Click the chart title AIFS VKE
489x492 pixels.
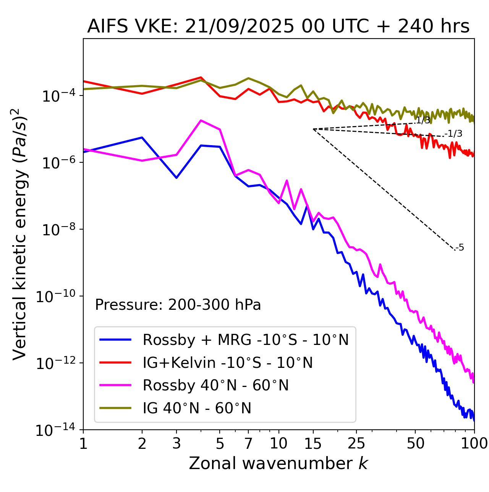(278, 27)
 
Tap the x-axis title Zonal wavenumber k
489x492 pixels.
(278, 463)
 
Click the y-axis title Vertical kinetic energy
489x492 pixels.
(20, 234)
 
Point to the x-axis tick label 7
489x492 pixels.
(248, 443)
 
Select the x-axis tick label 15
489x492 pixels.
(313, 443)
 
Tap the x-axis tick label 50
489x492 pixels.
(415, 443)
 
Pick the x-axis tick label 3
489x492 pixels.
(176, 443)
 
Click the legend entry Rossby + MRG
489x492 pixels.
(245, 340)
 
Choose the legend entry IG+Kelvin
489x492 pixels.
(227, 363)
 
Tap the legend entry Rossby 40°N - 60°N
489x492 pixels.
(215, 385)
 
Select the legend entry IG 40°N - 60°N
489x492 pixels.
(197, 408)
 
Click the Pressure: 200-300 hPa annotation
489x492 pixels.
(178, 305)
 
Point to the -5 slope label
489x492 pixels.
(460, 248)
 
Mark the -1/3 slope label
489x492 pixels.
(454, 134)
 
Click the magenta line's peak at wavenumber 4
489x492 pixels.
(201, 120)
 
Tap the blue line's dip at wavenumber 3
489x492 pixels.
(176, 178)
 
